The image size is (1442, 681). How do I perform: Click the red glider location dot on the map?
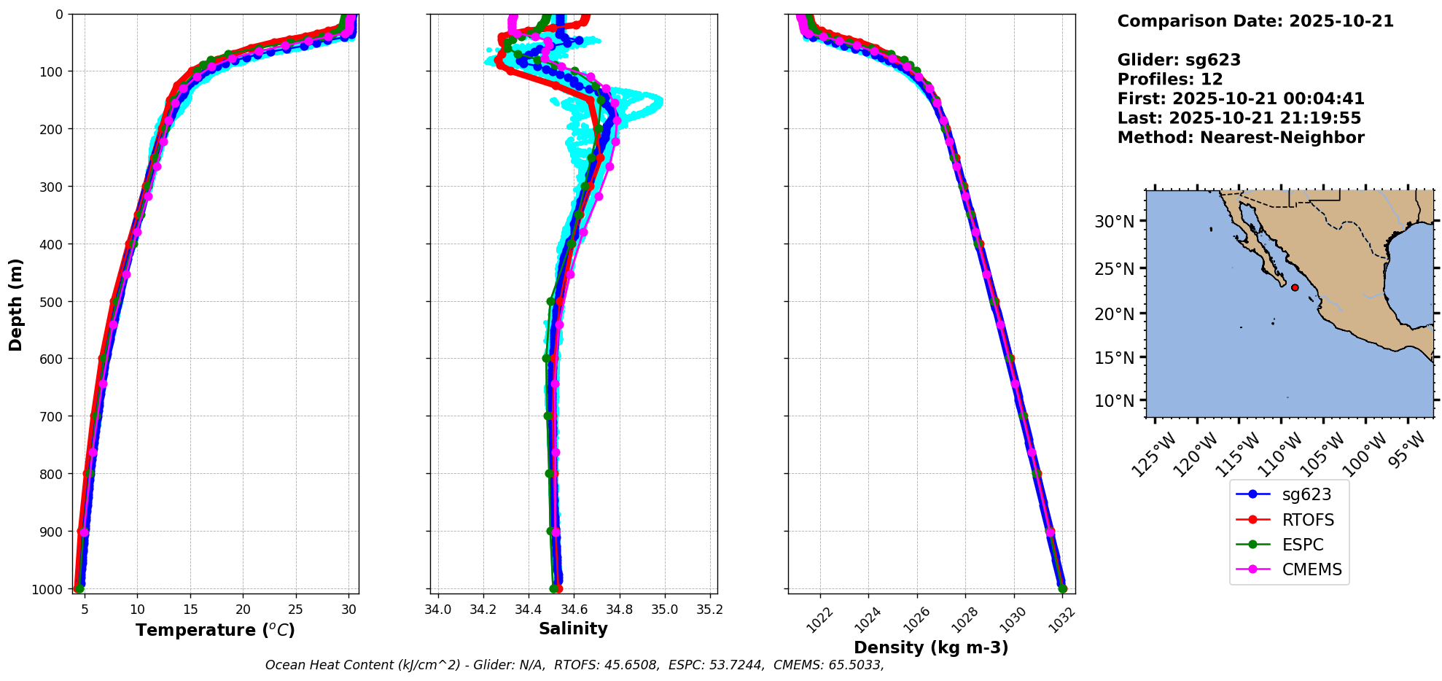(1295, 287)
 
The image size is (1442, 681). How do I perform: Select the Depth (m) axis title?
(16, 304)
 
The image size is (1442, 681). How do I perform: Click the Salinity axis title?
(573, 629)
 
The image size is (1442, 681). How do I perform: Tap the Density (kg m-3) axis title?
(931, 647)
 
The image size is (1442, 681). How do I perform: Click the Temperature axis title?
(215, 630)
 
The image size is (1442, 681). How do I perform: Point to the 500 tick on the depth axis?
(52, 301)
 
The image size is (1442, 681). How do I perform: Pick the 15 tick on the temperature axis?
(190, 609)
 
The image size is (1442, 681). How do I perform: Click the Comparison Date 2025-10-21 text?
(1255, 21)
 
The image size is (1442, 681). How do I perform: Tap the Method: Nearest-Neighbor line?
(1241, 137)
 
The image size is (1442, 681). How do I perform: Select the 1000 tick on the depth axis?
(50, 589)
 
